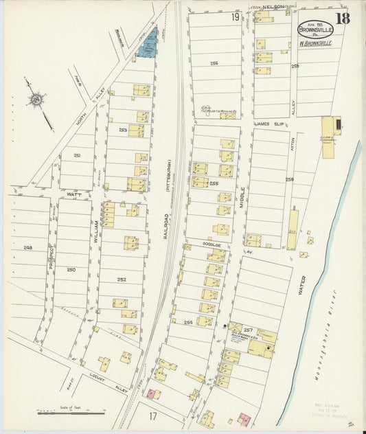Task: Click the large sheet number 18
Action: tap(343, 17)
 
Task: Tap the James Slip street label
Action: tap(270, 124)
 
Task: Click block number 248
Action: tap(27, 247)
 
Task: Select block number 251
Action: tap(77, 156)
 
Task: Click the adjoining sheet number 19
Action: tap(236, 16)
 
